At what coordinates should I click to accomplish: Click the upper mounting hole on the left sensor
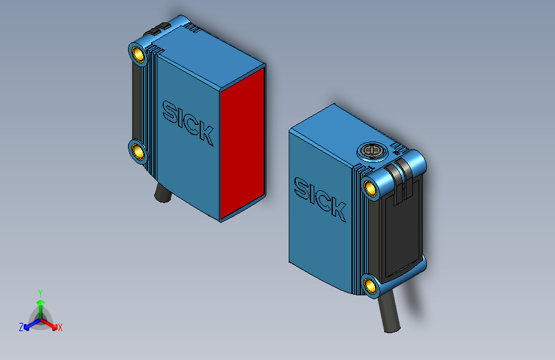138,53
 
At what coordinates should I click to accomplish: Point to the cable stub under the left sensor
161,192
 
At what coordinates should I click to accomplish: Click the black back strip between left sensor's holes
136,102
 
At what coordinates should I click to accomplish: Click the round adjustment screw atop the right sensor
370,151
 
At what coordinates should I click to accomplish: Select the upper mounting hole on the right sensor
370,187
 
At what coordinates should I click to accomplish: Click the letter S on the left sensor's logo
170,112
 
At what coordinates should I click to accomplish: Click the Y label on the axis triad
40,292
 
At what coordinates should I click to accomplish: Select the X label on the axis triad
60,328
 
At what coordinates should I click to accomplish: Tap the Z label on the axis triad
21,327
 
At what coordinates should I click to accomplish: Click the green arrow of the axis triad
40,304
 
